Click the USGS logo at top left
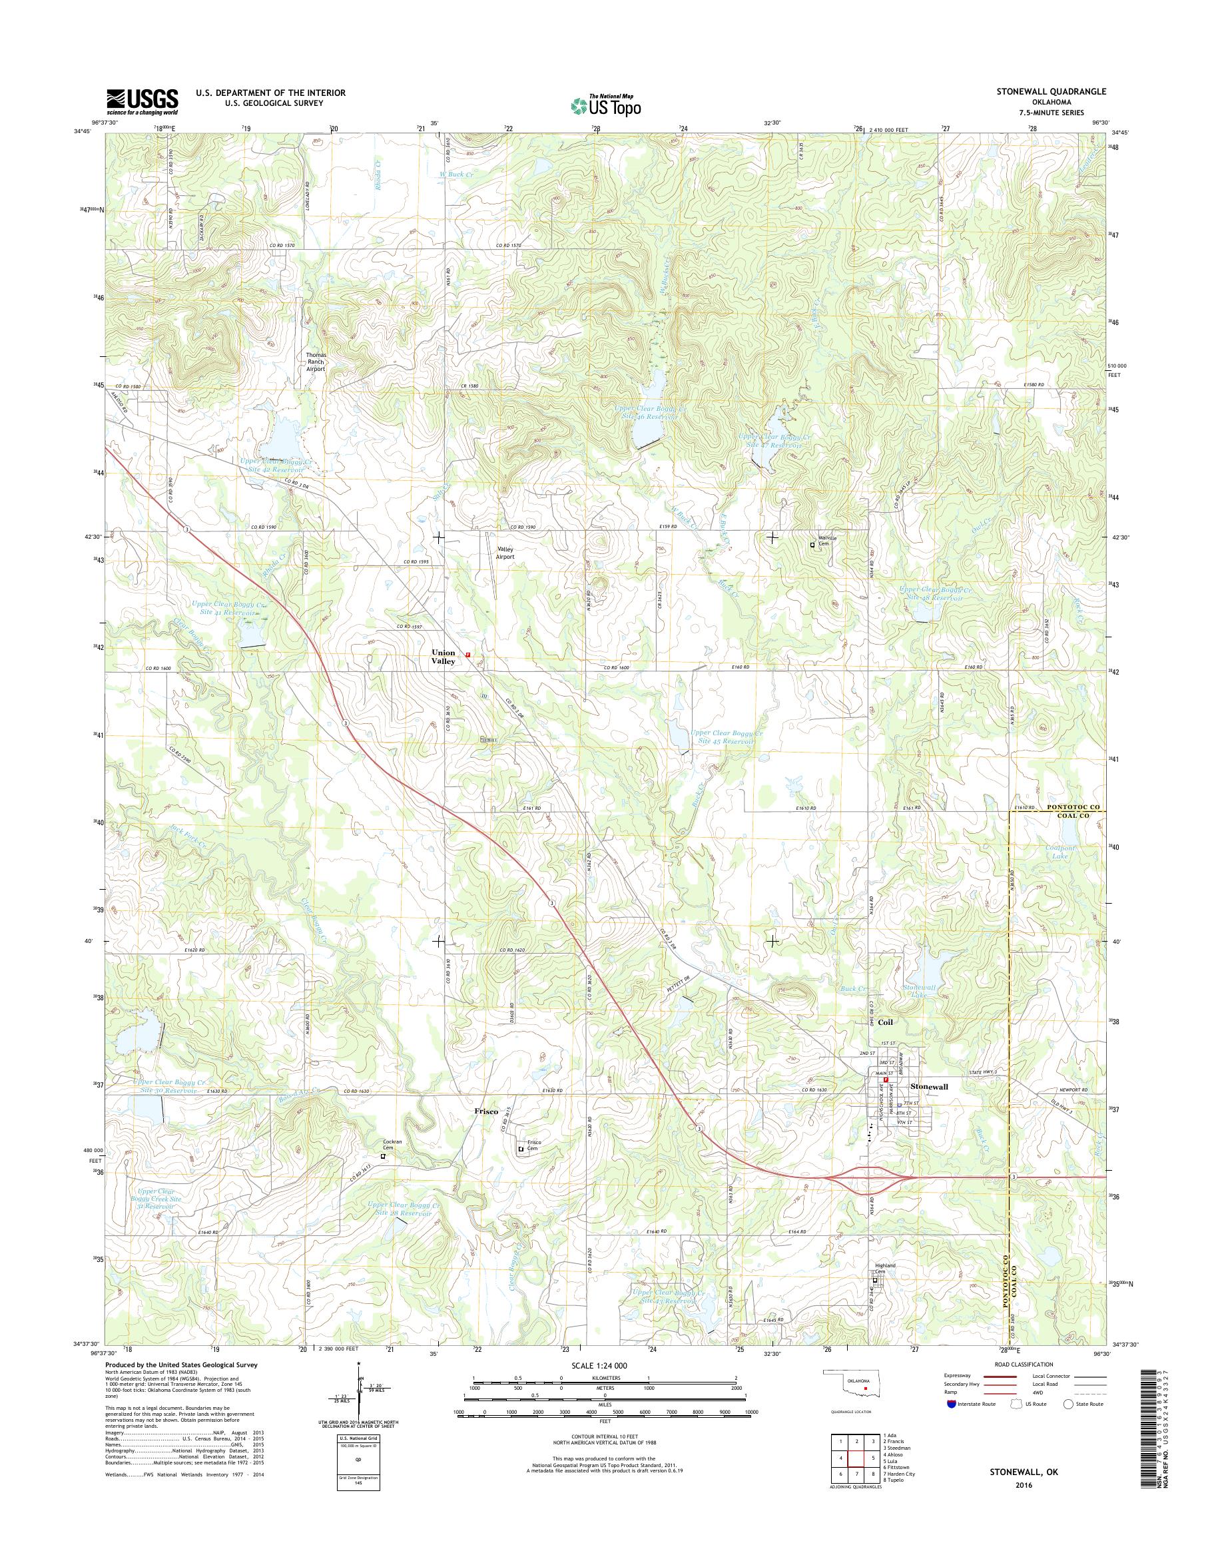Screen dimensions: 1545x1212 (x=142, y=101)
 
